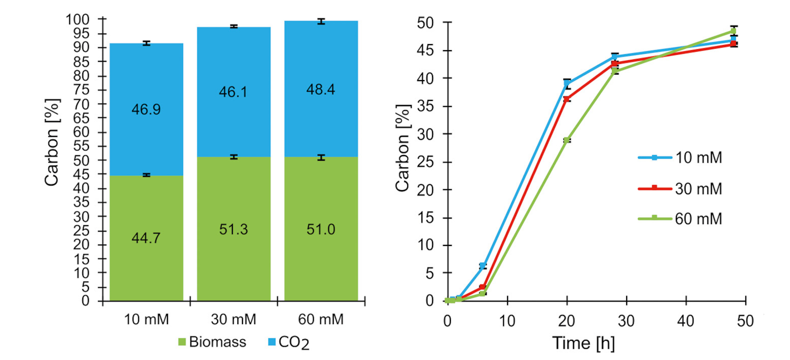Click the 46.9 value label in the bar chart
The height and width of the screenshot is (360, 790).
click(x=146, y=110)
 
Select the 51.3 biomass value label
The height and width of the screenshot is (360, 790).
click(x=233, y=229)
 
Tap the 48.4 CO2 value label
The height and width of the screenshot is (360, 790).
click(x=321, y=89)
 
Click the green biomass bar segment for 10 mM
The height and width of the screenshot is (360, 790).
click(x=146, y=267)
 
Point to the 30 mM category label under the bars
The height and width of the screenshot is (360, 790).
click(x=233, y=319)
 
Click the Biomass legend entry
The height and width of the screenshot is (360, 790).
click(x=212, y=342)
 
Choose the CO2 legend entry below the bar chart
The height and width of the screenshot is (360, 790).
click(x=288, y=343)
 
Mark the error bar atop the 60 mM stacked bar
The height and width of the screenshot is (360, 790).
click(x=321, y=21)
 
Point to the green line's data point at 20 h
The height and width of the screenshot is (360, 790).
click(x=567, y=140)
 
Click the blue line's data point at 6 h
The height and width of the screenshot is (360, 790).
click(x=483, y=266)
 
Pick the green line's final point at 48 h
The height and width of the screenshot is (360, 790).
click(x=734, y=31)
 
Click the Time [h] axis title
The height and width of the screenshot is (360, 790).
click(x=583, y=343)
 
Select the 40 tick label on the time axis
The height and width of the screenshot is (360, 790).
click(x=686, y=321)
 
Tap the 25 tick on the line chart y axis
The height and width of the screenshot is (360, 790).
click(x=425, y=162)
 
